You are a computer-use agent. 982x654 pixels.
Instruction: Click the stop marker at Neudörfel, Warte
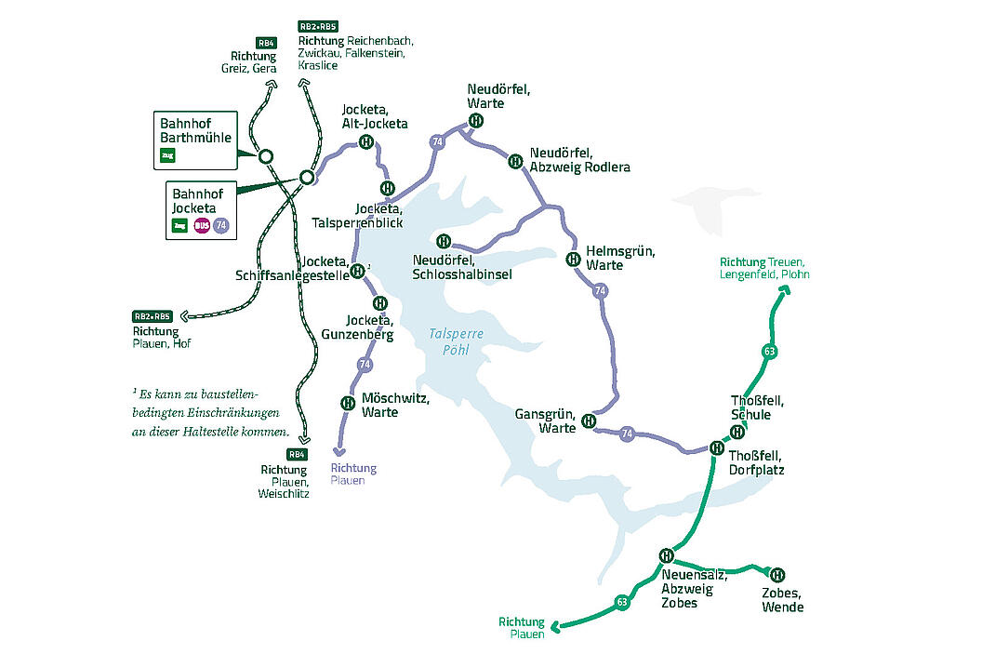(475, 121)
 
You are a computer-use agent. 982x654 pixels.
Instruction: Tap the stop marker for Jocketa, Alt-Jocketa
(366, 142)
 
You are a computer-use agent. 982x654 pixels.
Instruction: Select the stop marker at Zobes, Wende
(777, 574)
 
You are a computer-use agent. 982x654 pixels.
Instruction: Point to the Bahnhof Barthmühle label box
(195, 140)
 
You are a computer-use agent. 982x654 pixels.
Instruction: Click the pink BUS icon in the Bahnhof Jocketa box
(201, 225)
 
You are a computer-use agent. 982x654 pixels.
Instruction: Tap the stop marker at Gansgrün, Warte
(589, 421)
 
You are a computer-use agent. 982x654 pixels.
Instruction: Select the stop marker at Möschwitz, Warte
(347, 403)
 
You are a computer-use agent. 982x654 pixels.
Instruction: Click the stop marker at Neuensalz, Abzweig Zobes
(666, 555)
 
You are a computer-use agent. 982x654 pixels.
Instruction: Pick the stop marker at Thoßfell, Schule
(736, 431)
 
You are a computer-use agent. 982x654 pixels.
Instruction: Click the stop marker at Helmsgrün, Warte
(573, 258)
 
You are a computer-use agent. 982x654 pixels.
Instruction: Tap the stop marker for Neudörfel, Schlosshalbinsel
(444, 242)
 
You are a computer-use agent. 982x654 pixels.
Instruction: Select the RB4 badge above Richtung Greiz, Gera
(267, 43)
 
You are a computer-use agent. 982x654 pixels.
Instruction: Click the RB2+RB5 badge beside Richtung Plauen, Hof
(153, 316)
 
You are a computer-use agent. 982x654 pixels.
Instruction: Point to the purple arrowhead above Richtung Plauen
(337, 452)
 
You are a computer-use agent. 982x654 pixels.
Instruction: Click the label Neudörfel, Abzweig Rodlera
(579, 160)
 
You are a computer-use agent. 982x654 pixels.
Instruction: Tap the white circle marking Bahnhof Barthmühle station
(265, 156)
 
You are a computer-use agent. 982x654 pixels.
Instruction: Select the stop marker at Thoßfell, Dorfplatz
(717, 447)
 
